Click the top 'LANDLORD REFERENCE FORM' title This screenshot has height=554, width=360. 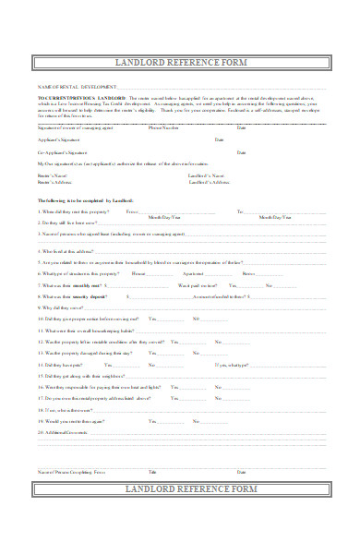pos(179,62)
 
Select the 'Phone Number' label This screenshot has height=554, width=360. pos(162,127)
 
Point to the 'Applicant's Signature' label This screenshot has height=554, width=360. pos(55,139)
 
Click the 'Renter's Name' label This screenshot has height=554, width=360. pos(54,175)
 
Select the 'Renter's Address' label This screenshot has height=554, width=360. pos(55,183)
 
